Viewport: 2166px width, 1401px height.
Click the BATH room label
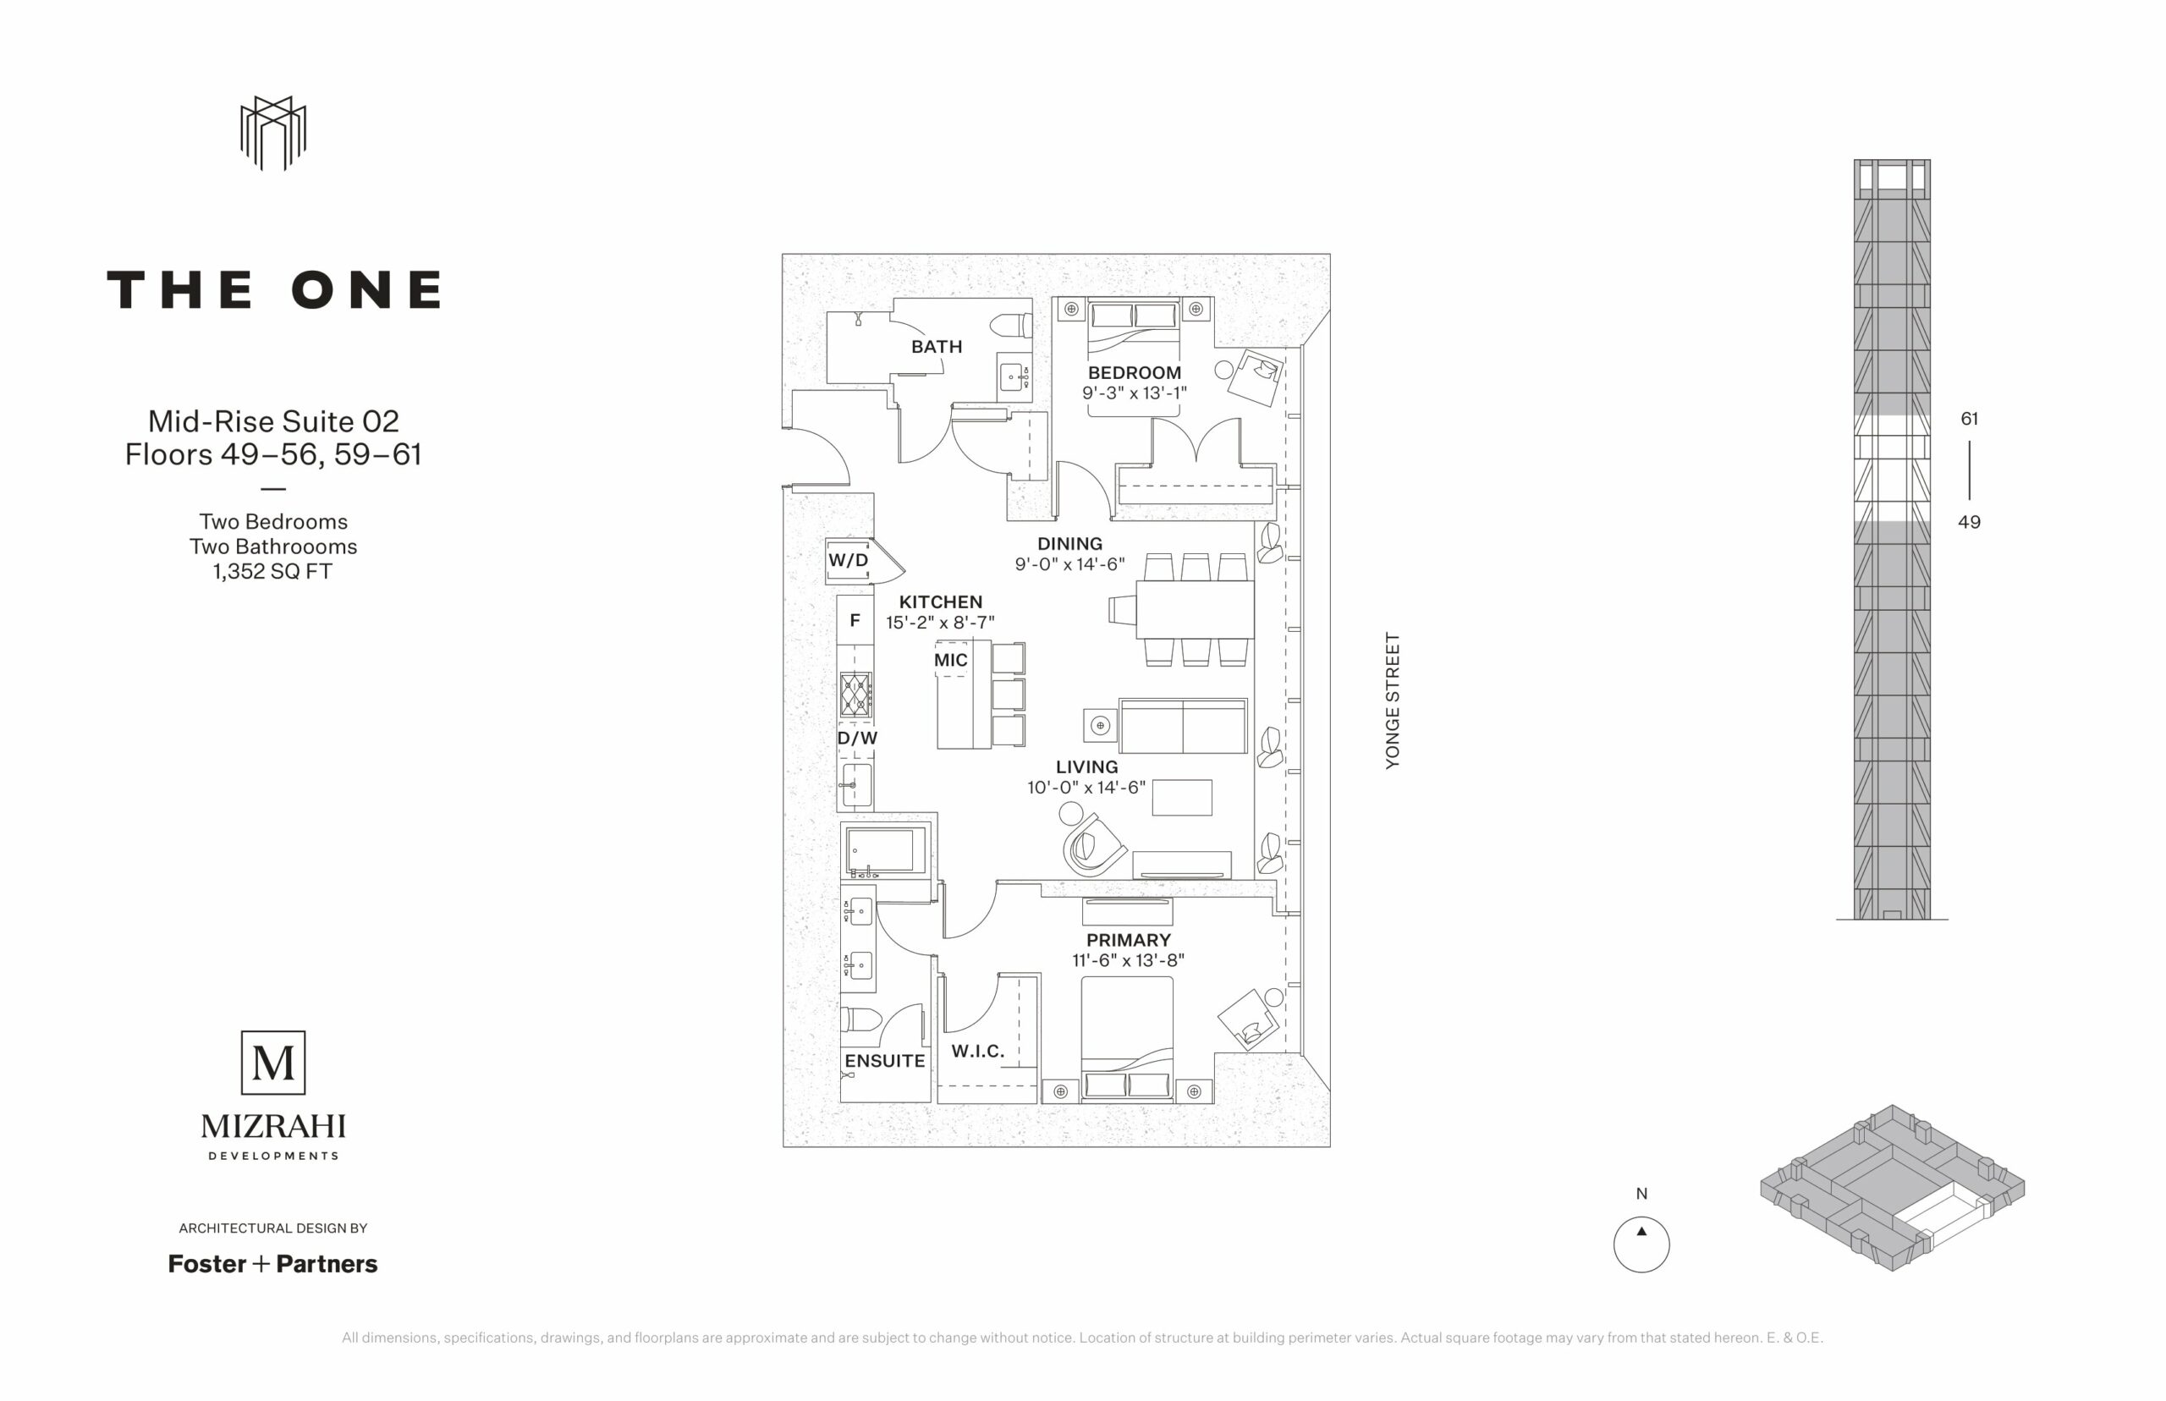[936, 347]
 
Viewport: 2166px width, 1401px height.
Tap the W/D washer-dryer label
[848, 560]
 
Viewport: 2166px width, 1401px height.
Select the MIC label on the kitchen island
[951, 661]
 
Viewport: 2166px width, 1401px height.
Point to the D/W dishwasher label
[857, 738]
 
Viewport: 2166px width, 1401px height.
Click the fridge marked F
[855, 620]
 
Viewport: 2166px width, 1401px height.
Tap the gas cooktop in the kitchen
[855, 695]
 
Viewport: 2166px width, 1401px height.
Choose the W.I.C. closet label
[978, 1051]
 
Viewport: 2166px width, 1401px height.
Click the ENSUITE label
[884, 1061]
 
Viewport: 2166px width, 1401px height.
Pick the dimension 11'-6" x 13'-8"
[1128, 959]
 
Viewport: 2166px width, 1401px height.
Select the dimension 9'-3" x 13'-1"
[1135, 393]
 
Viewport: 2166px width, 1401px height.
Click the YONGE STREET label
[1392, 700]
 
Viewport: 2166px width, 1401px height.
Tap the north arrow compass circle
[1641, 1244]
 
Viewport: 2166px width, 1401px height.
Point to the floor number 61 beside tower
[1970, 419]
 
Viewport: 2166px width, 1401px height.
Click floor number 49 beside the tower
[1970, 522]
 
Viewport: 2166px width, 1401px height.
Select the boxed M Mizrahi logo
[273, 1063]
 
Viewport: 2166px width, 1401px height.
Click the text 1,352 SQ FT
[273, 571]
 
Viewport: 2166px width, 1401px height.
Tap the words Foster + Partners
[273, 1264]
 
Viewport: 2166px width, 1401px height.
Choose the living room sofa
[1183, 726]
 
